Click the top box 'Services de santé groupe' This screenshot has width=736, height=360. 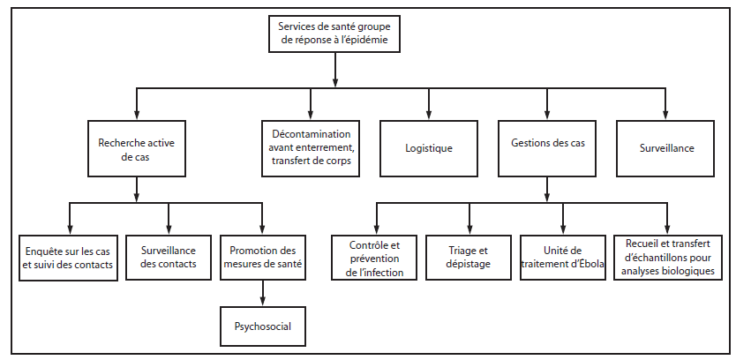coord(335,33)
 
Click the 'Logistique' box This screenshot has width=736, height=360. coord(429,147)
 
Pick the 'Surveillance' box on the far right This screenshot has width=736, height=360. coord(666,147)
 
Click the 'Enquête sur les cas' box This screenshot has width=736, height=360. coord(68,257)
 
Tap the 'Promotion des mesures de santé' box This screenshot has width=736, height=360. coord(263,257)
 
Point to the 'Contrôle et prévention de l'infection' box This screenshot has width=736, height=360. coord(375,257)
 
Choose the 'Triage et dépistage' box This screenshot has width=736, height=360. coord(469,257)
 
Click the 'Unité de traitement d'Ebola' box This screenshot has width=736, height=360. coord(562,257)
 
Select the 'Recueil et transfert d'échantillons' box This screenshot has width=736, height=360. coord(667,257)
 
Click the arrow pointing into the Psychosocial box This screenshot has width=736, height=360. coord(263,299)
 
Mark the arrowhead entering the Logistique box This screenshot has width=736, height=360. coord(429,114)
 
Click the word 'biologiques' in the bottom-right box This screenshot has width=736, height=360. coord(689,270)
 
